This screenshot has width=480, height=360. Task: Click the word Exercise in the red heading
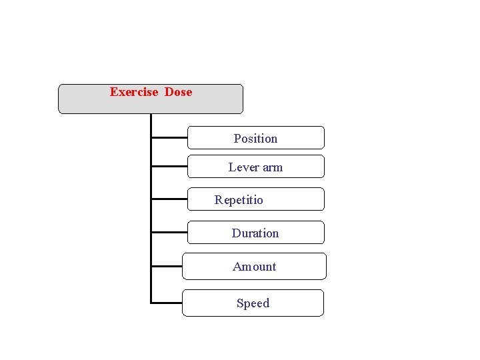[x=134, y=92]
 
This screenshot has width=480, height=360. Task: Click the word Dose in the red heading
[x=178, y=92]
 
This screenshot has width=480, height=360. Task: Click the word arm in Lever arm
[x=272, y=167]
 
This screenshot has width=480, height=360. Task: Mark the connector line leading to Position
[x=169, y=138]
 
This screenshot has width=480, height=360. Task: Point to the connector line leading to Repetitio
[x=169, y=199]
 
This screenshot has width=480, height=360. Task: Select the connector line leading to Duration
[x=169, y=233]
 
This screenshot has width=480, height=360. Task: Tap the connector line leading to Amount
[x=167, y=266]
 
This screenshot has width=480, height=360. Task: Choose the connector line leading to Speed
[x=167, y=303]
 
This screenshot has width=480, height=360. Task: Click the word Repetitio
[x=239, y=200]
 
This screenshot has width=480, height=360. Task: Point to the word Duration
[x=255, y=233]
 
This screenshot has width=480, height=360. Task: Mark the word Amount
[x=254, y=267]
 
